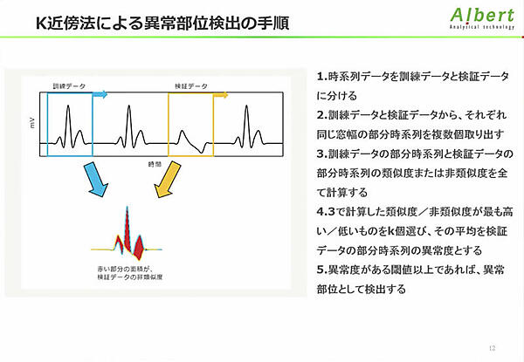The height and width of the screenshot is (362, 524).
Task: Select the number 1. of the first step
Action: click(x=321, y=77)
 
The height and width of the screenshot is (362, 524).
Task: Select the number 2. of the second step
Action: click(x=321, y=115)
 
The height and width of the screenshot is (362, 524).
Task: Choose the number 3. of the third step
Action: click(x=321, y=154)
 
